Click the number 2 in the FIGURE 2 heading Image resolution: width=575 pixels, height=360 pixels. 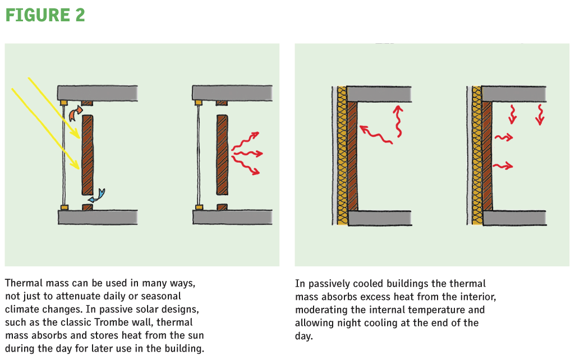[80, 15]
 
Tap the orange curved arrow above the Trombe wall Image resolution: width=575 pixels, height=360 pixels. [75, 113]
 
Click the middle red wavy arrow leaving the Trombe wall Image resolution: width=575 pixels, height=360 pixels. [247, 153]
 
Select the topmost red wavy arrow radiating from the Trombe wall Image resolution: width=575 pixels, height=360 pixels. [245, 141]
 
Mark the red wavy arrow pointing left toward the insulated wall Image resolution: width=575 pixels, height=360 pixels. [376, 135]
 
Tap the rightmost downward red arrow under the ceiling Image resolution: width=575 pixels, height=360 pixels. [540, 114]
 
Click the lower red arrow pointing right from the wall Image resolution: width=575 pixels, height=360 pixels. [503, 167]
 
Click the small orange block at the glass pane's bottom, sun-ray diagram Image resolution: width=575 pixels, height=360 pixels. [65, 207]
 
